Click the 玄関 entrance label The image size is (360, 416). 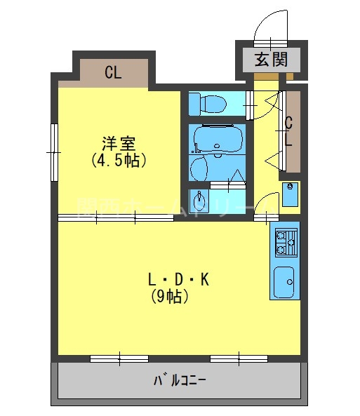pyautogui.click(x=271, y=59)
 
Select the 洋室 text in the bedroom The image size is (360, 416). pyautogui.click(x=118, y=143)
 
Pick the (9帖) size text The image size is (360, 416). pyautogui.click(x=169, y=297)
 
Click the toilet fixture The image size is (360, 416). pyautogui.click(x=209, y=104)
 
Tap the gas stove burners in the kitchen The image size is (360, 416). pyautogui.click(x=285, y=242)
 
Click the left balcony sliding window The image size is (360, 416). pyautogui.click(x=119, y=359)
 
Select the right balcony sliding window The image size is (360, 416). pyautogui.click(x=239, y=359)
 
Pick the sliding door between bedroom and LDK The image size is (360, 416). pyautogui.click(x=116, y=217)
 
